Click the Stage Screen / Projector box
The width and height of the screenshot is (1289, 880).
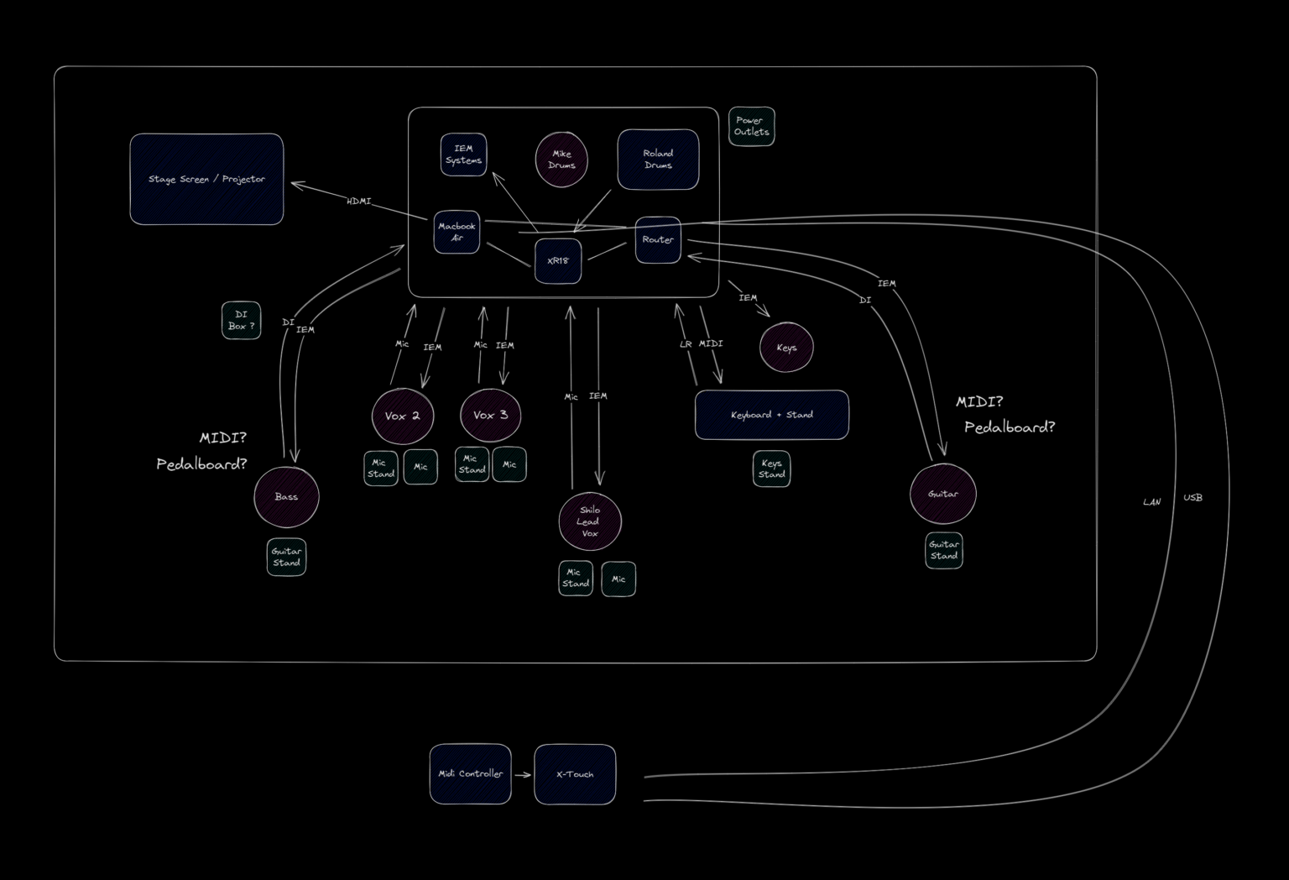coord(206,179)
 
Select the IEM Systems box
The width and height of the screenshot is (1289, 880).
coord(463,155)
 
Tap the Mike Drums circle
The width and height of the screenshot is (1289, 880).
coord(561,160)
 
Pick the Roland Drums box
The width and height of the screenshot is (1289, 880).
coord(658,160)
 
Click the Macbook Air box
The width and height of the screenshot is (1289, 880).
coord(457,232)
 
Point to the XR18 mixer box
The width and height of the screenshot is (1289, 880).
coord(558,261)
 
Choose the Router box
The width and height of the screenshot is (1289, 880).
coord(658,240)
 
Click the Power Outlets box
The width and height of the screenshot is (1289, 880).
coord(751,127)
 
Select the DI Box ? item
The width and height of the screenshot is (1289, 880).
coord(241,321)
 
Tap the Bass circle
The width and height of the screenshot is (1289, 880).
coord(286,497)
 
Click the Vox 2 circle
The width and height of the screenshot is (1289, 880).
coord(403,416)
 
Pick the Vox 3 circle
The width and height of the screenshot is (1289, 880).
coord(491,415)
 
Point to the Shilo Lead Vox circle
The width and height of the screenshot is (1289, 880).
coord(590,521)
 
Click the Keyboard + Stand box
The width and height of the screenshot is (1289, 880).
coord(771,415)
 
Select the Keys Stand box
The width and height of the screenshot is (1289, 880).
coord(771,469)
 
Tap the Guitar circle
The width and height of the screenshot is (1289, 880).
coord(942,494)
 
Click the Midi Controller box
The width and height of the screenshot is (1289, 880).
coord(470,774)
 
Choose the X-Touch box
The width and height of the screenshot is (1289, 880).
coord(575,774)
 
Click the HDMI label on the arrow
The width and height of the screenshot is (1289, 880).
coord(358,202)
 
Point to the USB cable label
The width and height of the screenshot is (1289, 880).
coord(1192,498)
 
